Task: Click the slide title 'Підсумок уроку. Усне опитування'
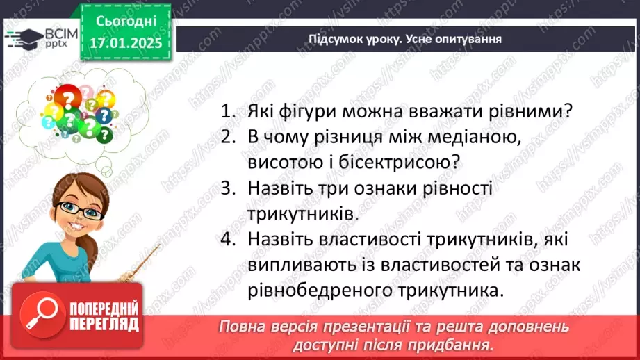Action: coord(405,39)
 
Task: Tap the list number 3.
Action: coord(228,188)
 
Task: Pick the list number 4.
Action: coord(228,240)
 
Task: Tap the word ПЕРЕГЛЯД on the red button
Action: coord(104,324)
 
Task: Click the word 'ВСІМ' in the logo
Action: coord(59,33)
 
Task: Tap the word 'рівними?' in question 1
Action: coord(540,111)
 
